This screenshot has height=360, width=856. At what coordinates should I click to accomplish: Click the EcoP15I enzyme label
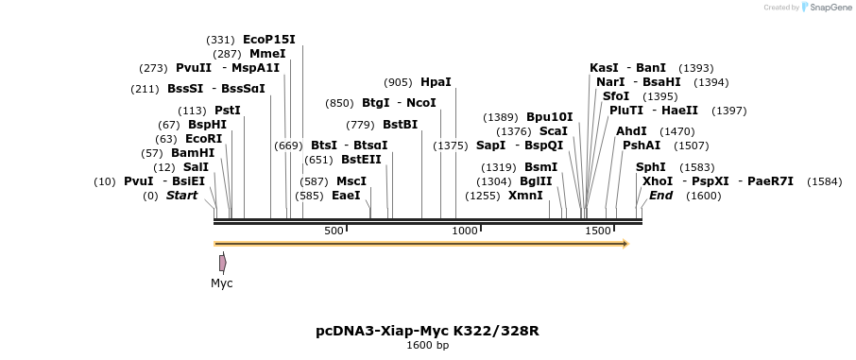pyautogui.click(x=269, y=40)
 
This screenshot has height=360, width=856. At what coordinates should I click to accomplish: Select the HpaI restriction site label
pyautogui.click(x=436, y=82)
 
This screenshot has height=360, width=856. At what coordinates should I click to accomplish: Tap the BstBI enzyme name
pyautogui.click(x=400, y=125)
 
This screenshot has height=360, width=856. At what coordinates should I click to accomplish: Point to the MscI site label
pyautogui.click(x=351, y=181)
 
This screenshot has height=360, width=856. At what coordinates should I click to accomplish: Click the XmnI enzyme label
pyautogui.click(x=525, y=196)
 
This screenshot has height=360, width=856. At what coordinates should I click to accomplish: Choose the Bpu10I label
pyautogui.click(x=549, y=117)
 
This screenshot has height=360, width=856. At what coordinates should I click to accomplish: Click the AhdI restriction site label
pyautogui.click(x=631, y=131)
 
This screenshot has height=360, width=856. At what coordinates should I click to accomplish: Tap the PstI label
pyautogui.click(x=228, y=111)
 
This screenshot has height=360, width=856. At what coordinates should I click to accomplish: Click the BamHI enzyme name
pyautogui.click(x=193, y=153)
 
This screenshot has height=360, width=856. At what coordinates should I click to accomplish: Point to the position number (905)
pyautogui.click(x=398, y=82)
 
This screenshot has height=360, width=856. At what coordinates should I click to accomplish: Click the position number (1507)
pyautogui.click(x=692, y=146)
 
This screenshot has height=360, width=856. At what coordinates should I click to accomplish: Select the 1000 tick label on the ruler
pyautogui.click(x=465, y=231)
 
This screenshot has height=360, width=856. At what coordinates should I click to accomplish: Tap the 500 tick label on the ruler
pyautogui.click(x=334, y=231)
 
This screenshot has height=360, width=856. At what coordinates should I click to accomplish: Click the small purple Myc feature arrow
pyautogui.click(x=222, y=263)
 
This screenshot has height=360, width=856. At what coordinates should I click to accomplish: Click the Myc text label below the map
pyautogui.click(x=221, y=283)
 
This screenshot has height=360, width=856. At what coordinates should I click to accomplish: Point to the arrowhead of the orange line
pyautogui.click(x=625, y=244)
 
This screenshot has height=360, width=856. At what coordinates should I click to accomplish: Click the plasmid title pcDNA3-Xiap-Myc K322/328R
pyautogui.click(x=427, y=331)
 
